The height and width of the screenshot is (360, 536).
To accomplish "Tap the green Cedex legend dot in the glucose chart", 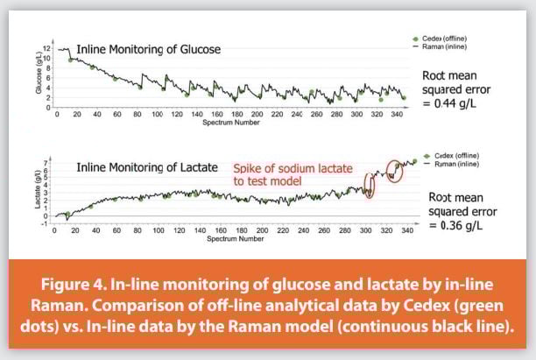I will click(x=416, y=39).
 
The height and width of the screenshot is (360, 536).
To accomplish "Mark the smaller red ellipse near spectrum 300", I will click(x=368, y=187).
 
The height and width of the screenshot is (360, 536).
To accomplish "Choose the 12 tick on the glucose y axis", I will click(x=49, y=52).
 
